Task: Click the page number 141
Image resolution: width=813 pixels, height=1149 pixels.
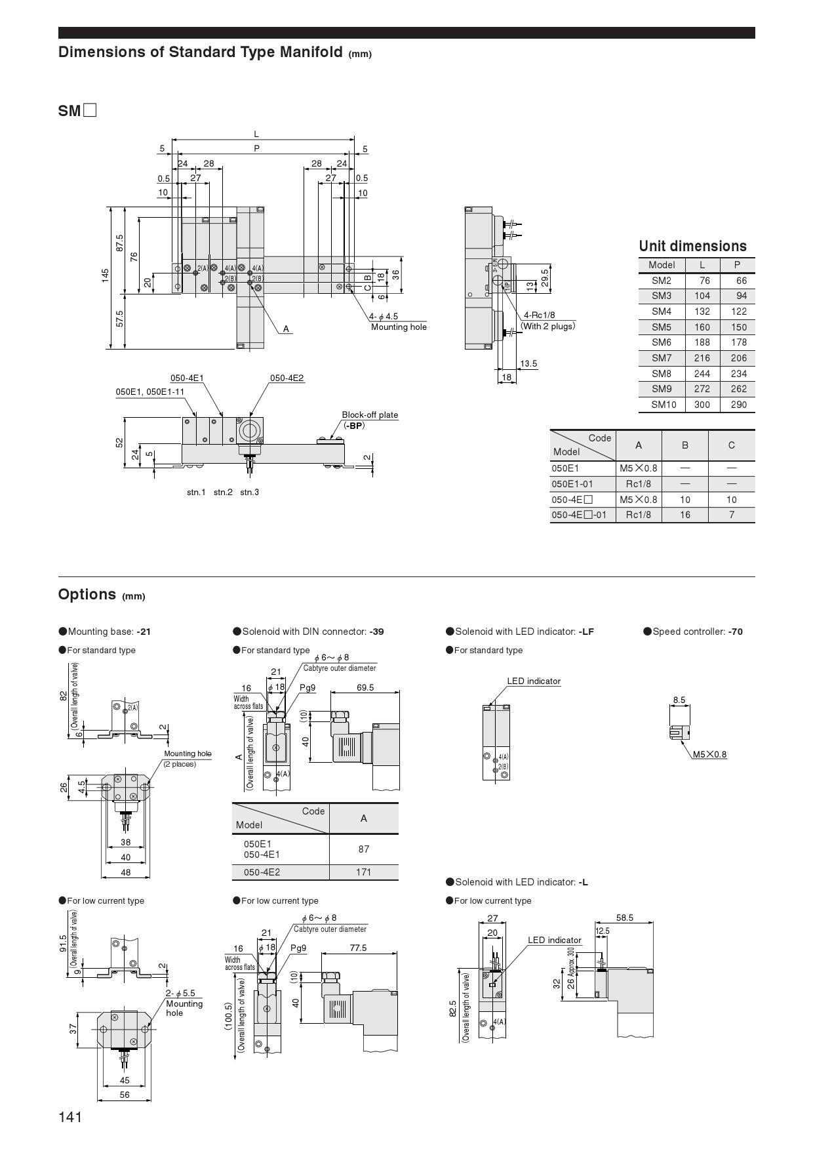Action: coord(70,1116)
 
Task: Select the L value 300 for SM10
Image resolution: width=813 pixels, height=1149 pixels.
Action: coord(702,405)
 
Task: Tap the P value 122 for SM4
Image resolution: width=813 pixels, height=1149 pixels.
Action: coord(738,312)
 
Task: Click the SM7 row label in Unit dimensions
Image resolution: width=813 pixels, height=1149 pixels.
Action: coord(662,358)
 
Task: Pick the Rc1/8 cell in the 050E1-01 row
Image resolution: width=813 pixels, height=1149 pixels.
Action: coord(638,484)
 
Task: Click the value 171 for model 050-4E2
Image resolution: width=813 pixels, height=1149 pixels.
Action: coord(363,872)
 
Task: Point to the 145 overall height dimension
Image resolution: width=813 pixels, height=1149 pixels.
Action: coord(106,276)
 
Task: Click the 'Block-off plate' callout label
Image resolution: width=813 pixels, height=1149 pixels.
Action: coord(370,415)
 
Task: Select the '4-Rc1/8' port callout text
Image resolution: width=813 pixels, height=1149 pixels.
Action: coord(539,315)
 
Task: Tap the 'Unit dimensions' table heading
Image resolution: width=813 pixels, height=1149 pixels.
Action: coord(692,247)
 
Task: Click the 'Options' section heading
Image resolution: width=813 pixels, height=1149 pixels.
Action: coord(87,594)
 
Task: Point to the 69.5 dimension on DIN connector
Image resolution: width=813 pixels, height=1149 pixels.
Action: coord(365,687)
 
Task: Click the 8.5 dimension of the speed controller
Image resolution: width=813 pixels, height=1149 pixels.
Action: coord(679,700)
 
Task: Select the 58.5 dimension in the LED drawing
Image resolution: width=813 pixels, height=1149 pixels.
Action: coord(624,918)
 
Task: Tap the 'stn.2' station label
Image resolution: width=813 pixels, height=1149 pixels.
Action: coord(223,493)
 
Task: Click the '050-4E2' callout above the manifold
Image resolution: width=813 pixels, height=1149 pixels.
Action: coord(287,378)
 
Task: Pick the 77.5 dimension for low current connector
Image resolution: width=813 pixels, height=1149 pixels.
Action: coord(358,948)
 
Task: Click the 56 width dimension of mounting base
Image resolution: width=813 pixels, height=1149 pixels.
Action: coord(125,1095)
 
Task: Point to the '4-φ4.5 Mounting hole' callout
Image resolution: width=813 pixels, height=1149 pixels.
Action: coord(398,321)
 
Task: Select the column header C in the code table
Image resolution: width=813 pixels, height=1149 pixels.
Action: coord(731,445)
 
